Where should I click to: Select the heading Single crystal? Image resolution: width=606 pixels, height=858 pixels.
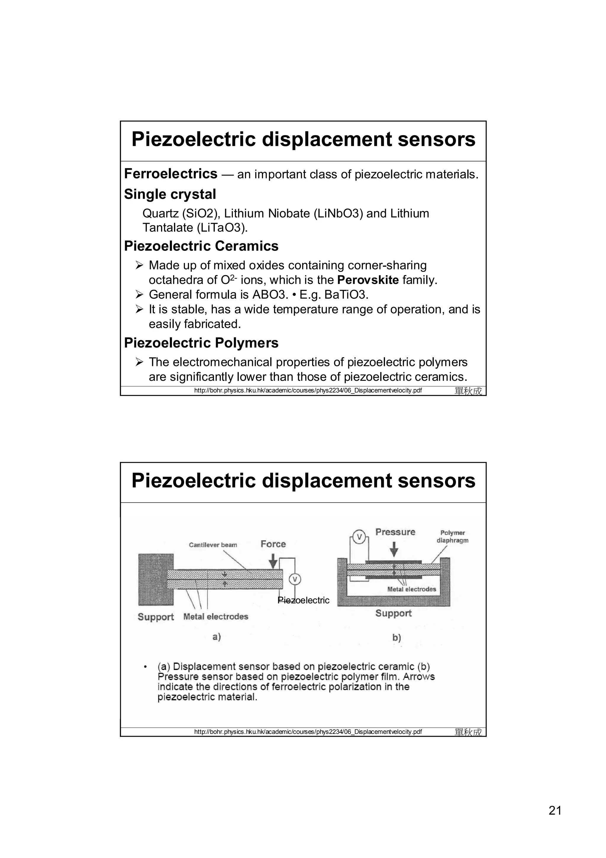(x=170, y=194)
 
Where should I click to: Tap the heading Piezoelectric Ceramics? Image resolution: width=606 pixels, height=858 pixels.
(x=201, y=246)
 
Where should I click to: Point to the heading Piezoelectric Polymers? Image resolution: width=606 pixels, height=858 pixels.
(x=201, y=343)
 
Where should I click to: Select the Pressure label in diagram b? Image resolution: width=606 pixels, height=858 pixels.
(x=395, y=532)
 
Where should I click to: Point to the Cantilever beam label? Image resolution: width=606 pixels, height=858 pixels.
(x=213, y=545)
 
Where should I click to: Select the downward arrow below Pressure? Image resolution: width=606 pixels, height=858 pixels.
(x=394, y=549)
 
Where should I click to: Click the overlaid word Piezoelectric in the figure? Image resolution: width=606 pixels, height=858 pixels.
(x=304, y=600)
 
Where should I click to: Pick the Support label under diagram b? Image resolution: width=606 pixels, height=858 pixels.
(x=393, y=613)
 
